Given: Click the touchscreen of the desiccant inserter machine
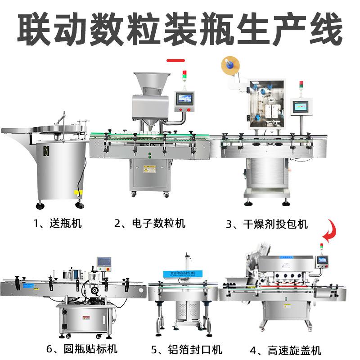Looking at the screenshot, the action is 300,106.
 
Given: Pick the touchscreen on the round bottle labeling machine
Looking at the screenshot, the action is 103,262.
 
